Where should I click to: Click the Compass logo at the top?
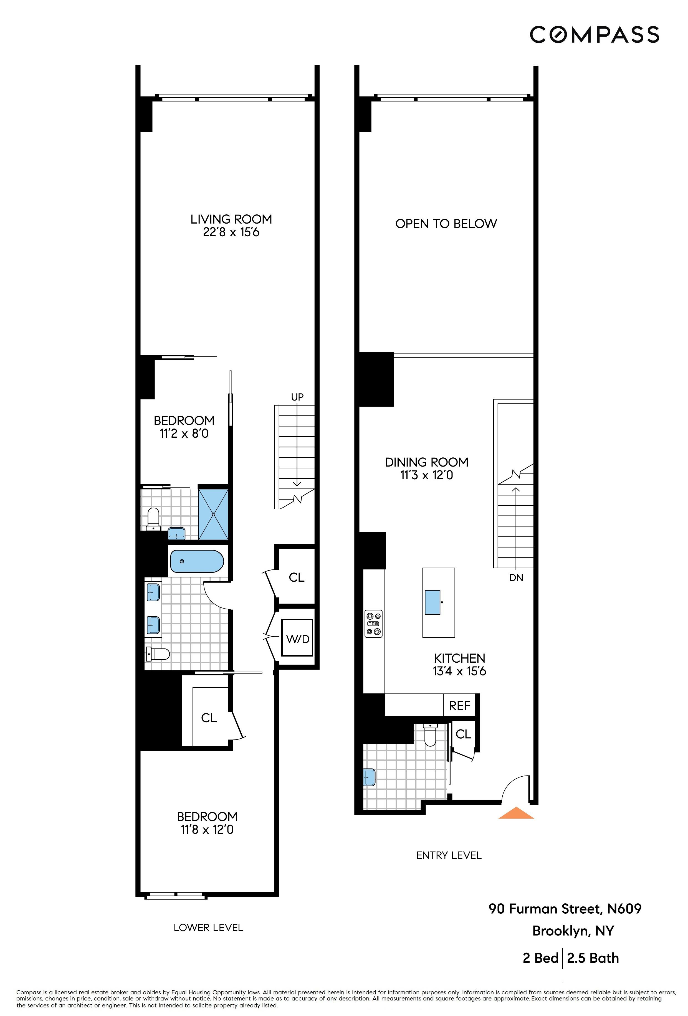(x=594, y=35)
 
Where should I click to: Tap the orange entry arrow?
(x=516, y=814)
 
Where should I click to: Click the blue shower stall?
(x=213, y=515)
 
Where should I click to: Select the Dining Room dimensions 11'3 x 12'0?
(x=426, y=475)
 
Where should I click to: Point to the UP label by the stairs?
(x=297, y=397)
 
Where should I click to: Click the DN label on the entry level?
(x=516, y=577)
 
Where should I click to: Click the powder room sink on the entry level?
(x=370, y=777)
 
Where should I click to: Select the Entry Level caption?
(x=449, y=855)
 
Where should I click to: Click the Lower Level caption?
(x=208, y=927)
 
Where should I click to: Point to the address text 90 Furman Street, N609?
(x=565, y=908)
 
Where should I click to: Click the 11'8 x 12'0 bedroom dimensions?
(x=207, y=829)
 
